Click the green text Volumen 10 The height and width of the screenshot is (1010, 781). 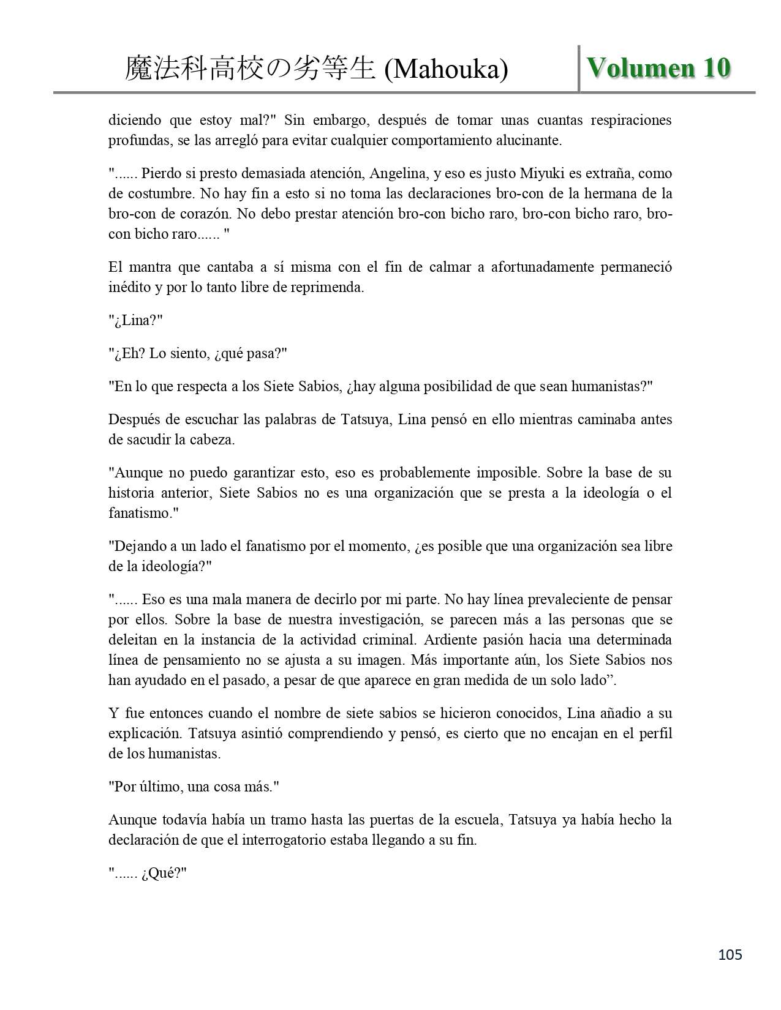coord(658,67)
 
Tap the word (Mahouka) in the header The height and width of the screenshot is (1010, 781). coord(446,69)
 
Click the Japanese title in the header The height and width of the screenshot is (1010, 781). coord(249,69)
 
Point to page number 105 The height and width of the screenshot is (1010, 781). coord(730,954)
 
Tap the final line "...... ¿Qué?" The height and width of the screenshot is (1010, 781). coord(147,873)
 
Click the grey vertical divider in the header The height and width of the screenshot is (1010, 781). coord(579,69)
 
